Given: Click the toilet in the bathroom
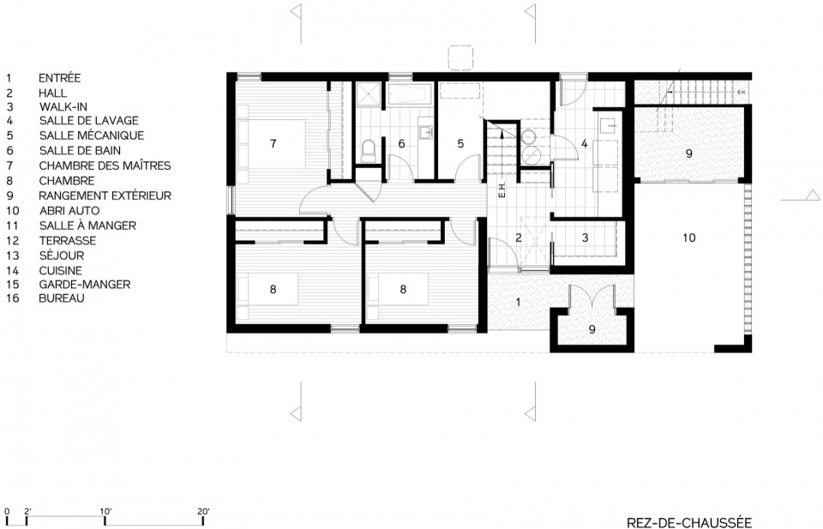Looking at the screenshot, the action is coord(369,150).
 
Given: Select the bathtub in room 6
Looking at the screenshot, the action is coord(410,94).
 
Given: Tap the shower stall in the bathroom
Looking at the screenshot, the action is coord(369,94).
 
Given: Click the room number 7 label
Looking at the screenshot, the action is coord(273,143).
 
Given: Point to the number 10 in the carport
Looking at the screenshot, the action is coord(688,237).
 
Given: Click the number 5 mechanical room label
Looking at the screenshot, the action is coord(460,143).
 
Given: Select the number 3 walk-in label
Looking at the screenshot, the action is coord(586,237).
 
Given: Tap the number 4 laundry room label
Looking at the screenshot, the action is coord(584,143).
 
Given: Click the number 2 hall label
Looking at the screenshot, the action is coord(519,237).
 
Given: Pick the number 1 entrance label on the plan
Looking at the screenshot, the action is coord(519,303).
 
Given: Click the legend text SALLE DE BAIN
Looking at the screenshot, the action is coord(80,151).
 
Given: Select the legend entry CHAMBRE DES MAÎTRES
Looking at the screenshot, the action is coord(105,165).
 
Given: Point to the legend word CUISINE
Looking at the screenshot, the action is coord(60,271).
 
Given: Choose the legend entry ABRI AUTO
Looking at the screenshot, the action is coord(69,211).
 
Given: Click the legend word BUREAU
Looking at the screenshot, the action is coord(62,298).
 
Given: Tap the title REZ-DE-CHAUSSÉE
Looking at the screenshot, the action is coord(689,522).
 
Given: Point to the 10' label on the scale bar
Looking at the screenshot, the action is coord(105,511).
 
